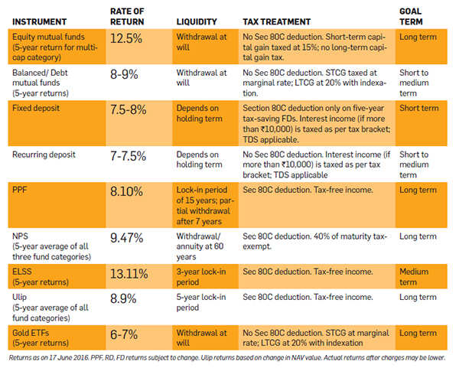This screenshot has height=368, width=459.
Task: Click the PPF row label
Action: (x=21, y=188)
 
